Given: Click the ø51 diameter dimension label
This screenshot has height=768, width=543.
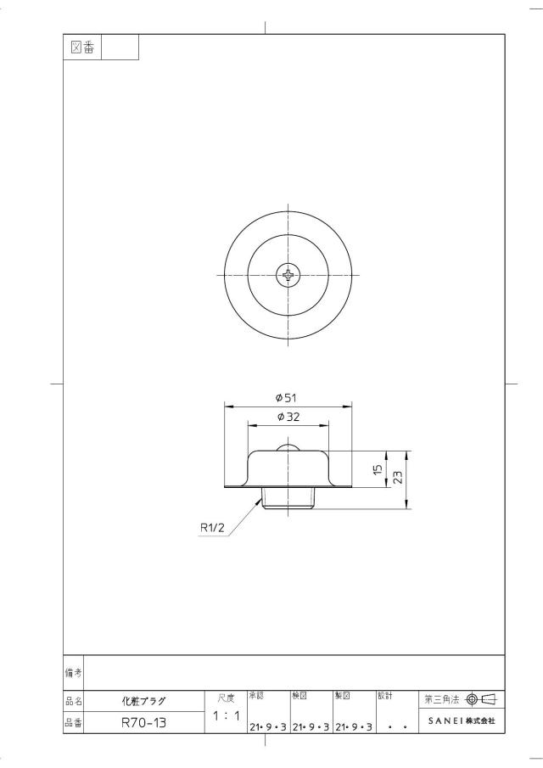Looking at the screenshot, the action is [x=288, y=398].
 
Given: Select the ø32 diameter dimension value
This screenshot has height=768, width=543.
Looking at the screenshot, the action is [x=288, y=417].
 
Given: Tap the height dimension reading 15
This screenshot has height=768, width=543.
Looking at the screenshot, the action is [x=378, y=469].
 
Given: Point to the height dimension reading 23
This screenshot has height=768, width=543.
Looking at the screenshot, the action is [x=398, y=478].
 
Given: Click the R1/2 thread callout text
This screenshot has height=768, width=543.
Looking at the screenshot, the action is [x=212, y=528].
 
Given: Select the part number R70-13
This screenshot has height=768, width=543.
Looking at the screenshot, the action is [x=144, y=722].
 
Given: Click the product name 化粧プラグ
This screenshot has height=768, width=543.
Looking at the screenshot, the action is [x=144, y=701].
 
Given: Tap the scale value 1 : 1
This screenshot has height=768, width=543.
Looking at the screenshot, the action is [x=227, y=715].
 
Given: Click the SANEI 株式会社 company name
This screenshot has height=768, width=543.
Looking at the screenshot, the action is [x=462, y=721].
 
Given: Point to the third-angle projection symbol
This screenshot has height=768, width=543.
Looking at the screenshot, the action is [x=481, y=699].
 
